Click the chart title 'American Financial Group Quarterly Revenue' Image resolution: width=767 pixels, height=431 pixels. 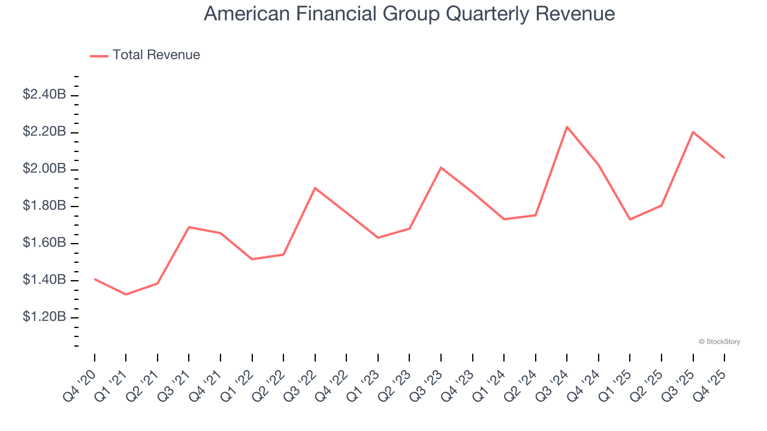(409, 14)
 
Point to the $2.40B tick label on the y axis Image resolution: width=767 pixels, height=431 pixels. (44, 95)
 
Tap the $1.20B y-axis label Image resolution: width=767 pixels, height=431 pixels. (44, 317)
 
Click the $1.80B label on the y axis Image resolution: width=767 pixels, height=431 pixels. (44, 206)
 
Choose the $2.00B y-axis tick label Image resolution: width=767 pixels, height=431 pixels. (44, 169)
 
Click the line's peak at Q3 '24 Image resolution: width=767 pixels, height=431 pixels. (567, 127)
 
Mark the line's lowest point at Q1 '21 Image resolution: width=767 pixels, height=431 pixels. (126, 295)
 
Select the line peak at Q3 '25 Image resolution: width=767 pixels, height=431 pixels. (693, 132)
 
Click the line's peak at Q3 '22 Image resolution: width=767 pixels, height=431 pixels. (315, 188)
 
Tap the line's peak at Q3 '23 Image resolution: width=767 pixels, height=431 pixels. (441, 168)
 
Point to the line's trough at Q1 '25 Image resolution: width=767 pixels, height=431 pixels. (630, 219)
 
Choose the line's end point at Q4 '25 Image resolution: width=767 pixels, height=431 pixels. (724, 157)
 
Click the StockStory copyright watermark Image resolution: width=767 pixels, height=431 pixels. (719, 342)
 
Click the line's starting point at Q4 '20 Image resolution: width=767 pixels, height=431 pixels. (95, 279)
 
